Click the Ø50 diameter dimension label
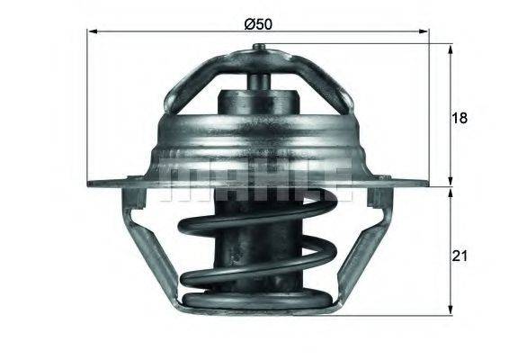(258, 23)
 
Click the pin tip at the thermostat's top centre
(258, 78)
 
